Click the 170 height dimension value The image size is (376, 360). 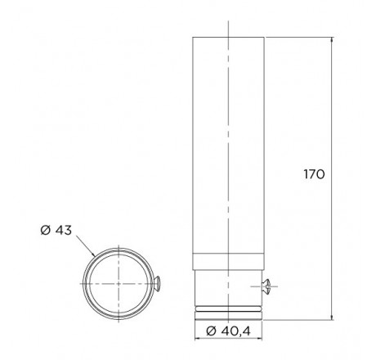(x=314, y=174)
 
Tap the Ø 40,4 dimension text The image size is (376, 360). (x=228, y=331)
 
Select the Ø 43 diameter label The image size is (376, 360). (x=56, y=230)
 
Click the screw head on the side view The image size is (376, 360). (x=266, y=286)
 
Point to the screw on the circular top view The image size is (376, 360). (x=157, y=284)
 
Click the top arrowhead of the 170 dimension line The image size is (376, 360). (x=332, y=40)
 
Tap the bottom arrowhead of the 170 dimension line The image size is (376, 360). (x=332, y=317)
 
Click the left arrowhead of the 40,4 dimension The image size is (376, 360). (x=198, y=339)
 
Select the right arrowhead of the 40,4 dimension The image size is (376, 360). (x=259, y=339)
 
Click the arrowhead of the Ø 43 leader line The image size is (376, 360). (x=93, y=254)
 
